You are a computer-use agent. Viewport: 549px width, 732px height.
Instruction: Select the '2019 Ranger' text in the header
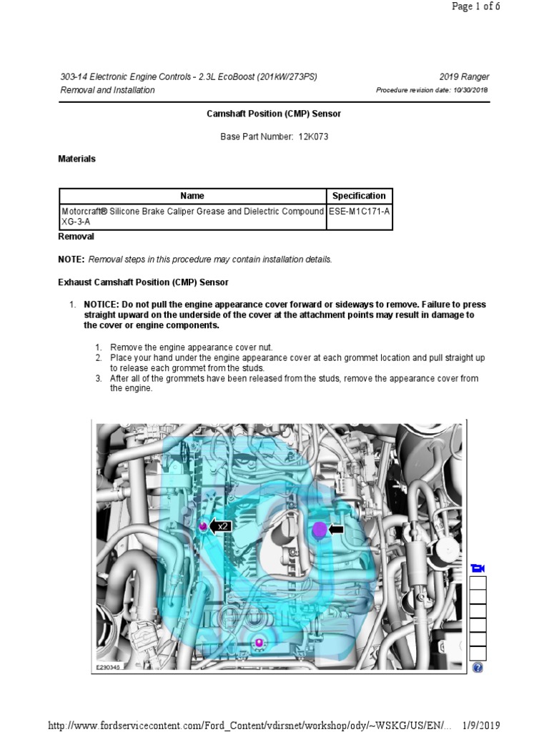(x=464, y=77)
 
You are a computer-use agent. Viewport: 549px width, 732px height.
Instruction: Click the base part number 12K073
(x=314, y=137)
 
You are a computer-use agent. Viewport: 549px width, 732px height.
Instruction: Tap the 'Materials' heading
(x=76, y=159)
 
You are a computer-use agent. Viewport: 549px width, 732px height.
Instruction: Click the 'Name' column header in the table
(x=192, y=196)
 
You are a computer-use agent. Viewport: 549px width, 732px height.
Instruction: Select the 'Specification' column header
(x=359, y=196)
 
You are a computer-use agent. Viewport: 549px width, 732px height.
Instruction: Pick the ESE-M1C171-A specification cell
(x=359, y=212)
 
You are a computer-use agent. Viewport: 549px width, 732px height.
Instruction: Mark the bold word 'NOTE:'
(x=71, y=259)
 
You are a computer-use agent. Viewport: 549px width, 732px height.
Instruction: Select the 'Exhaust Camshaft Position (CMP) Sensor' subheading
(x=143, y=282)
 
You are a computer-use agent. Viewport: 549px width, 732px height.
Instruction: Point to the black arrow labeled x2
(x=220, y=527)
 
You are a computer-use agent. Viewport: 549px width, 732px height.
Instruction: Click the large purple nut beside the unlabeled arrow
(x=320, y=530)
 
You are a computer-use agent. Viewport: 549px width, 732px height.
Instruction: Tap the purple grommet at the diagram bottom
(x=259, y=643)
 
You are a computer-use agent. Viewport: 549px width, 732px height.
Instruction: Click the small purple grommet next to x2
(x=202, y=527)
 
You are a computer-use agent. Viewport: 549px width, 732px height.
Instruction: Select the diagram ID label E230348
(x=108, y=668)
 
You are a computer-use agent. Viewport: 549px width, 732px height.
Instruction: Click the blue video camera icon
(x=478, y=568)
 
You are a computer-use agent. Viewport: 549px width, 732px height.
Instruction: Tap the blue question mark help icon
(x=478, y=668)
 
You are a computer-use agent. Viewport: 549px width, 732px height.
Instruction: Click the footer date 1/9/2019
(x=481, y=726)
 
